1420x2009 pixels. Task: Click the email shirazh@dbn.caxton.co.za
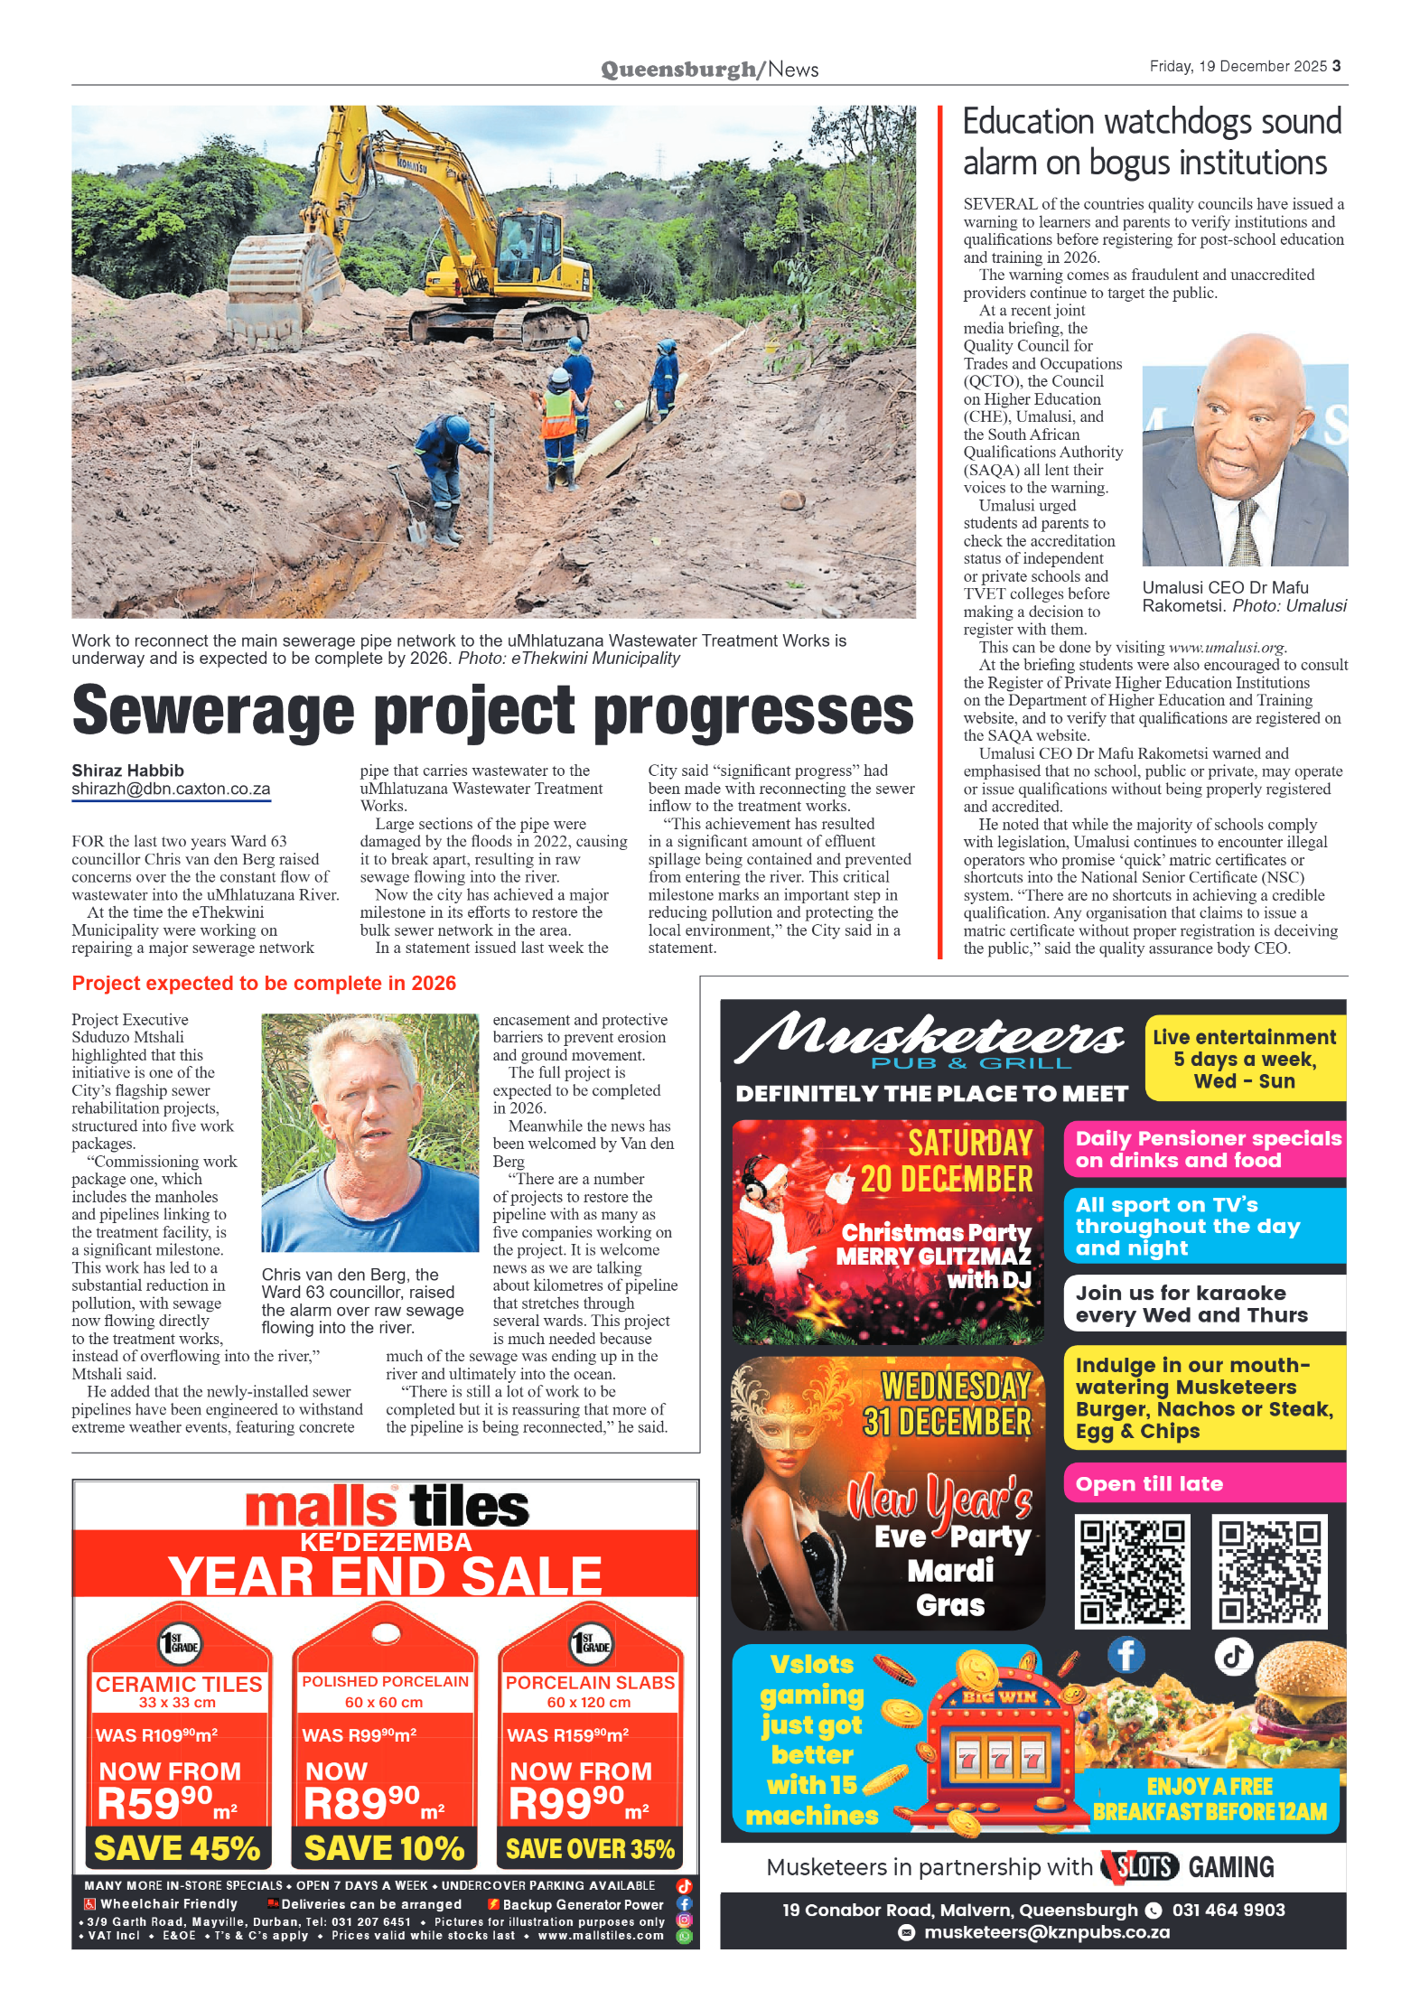(171, 789)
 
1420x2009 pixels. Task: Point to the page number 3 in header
(1336, 66)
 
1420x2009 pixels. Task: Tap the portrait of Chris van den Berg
(369, 1132)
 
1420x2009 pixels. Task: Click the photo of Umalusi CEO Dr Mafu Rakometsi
(1244, 451)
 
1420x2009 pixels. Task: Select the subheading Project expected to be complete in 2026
(264, 983)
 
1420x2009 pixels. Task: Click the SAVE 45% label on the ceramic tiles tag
(177, 1847)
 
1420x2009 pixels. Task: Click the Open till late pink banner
(1203, 1483)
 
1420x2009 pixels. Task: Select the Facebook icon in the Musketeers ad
(1126, 1654)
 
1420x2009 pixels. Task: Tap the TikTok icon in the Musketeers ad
(1234, 1656)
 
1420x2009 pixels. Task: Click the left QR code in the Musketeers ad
(1132, 1571)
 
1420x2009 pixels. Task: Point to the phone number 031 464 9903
(1228, 1910)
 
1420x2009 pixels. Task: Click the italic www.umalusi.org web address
(1226, 647)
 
